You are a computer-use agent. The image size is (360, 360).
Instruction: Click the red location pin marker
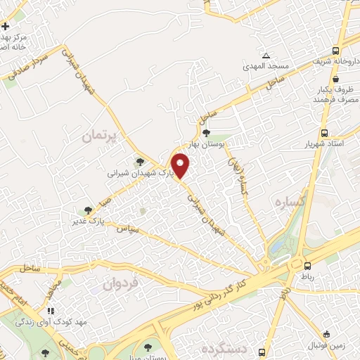181,165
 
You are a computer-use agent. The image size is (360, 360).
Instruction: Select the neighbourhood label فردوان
118,285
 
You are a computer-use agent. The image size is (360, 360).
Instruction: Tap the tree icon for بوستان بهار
205,132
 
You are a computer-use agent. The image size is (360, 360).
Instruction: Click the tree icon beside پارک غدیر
88,210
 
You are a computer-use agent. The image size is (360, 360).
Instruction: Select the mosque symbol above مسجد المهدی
266,56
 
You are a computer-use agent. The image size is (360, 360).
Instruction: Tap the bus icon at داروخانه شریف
335,51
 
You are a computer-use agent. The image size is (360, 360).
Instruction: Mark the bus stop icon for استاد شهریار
324,133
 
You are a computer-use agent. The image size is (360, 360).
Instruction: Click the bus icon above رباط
307,266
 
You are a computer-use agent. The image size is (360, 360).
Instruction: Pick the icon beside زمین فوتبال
326,334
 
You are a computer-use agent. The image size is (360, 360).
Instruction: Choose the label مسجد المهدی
266,66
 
